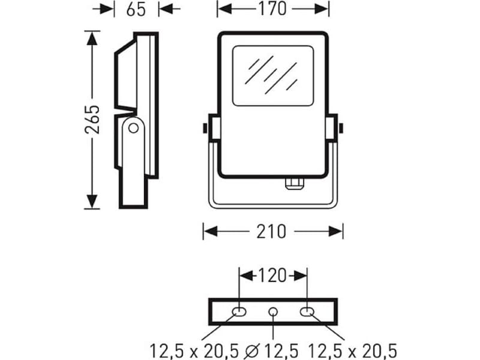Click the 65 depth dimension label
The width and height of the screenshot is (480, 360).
point(136,9)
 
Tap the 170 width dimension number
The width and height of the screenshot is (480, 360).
point(272,8)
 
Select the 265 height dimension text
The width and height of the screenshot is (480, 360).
point(92,119)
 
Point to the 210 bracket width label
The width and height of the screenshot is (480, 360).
point(271,232)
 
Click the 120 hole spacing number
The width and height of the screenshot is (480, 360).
point(272,276)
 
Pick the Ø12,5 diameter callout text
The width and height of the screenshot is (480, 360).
point(271,351)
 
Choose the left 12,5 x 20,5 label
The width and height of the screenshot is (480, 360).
point(194,351)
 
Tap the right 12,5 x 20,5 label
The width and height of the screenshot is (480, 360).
point(352,351)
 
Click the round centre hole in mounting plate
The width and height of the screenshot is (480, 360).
point(273,312)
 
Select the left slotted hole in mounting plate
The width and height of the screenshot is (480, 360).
point(239,312)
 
